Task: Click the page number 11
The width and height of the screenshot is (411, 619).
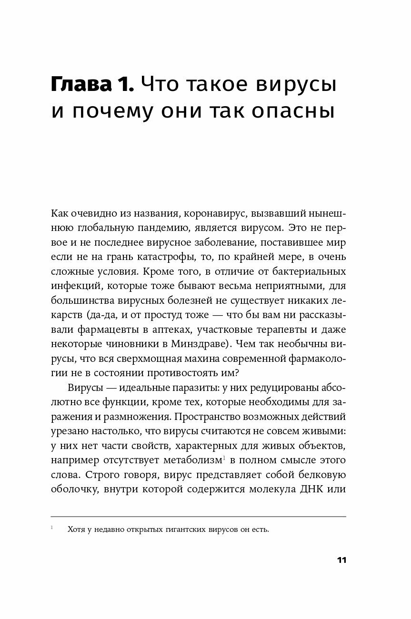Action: click(x=341, y=560)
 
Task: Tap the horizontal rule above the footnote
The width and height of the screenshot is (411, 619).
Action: click(x=198, y=516)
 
